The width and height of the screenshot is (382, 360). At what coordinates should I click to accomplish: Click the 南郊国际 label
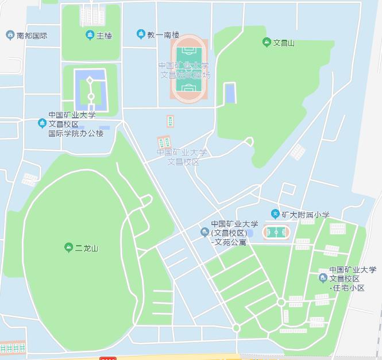[32, 36]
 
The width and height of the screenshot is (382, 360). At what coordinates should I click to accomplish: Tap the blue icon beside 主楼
[90, 36]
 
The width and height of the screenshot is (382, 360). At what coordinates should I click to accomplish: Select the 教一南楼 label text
[163, 35]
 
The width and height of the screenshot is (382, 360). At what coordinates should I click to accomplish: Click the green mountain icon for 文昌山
[266, 42]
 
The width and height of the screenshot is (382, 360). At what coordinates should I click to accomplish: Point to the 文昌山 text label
[283, 42]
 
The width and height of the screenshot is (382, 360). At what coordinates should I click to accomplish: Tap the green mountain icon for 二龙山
[68, 248]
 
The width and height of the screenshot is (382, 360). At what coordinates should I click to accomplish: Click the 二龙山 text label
[87, 249]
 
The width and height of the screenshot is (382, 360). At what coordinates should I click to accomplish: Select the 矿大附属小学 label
[305, 215]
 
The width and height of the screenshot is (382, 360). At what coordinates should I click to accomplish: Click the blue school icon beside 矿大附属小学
[275, 214]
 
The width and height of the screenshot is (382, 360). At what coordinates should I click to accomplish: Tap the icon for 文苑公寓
[204, 233]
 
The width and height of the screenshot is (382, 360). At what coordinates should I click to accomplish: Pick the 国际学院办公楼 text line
[76, 133]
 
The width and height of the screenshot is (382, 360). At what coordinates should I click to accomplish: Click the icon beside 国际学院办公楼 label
[41, 123]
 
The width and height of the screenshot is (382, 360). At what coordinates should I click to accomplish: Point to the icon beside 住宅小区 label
[323, 278]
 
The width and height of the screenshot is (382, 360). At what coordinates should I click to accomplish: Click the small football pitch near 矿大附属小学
[276, 233]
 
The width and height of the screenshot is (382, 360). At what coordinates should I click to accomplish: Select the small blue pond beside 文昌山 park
[230, 93]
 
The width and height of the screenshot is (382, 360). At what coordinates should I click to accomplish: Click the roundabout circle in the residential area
[281, 302]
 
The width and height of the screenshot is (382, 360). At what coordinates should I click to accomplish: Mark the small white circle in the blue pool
[90, 96]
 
